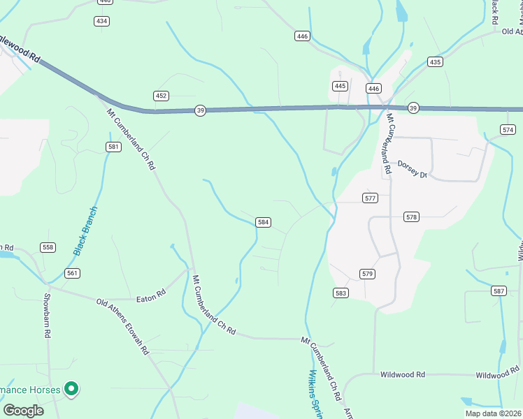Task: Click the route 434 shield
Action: pyautogui.click(x=102, y=21)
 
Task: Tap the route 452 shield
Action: pyautogui.click(x=162, y=96)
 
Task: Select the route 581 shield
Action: pyautogui.click(x=114, y=147)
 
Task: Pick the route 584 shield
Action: pyautogui.click(x=263, y=222)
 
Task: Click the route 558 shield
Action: pyautogui.click(x=48, y=247)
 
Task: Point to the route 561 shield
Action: pyautogui.click(x=72, y=273)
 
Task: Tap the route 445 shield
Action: pyautogui.click(x=340, y=86)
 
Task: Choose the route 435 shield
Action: pyautogui.click(x=435, y=62)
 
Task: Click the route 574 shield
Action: pyautogui.click(x=508, y=130)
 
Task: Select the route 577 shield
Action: pyautogui.click(x=371, y=198)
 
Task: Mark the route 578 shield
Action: pyautogui.click(x=411, y=217)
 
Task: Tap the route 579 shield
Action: pyautogui.click(x=368, y=273)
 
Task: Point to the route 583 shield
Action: pyautogui.click(x=341, y=293)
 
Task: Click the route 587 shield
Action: pyautogui.click(x=499, y=291)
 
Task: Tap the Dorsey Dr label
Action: pyautogui.click(x=412, y=168)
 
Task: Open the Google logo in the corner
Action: pyautogui.click(x=23, y=411)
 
